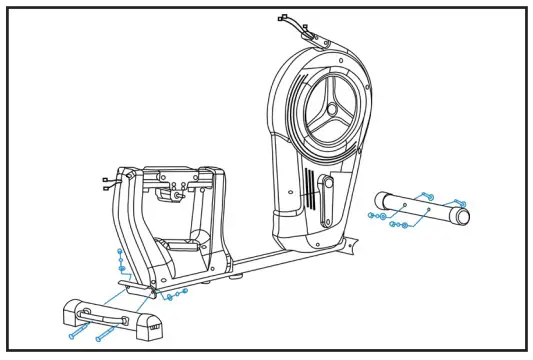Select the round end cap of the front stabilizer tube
[462, 216]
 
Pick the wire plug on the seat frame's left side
[106, 181]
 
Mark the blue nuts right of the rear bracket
[177, 293]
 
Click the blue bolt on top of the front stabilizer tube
[425, 196]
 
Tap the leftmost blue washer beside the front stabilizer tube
[371, 214]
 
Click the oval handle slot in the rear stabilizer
[110, 319]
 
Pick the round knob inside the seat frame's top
[178, 196]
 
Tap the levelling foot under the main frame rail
[234, 274]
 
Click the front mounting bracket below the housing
[345, 243]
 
